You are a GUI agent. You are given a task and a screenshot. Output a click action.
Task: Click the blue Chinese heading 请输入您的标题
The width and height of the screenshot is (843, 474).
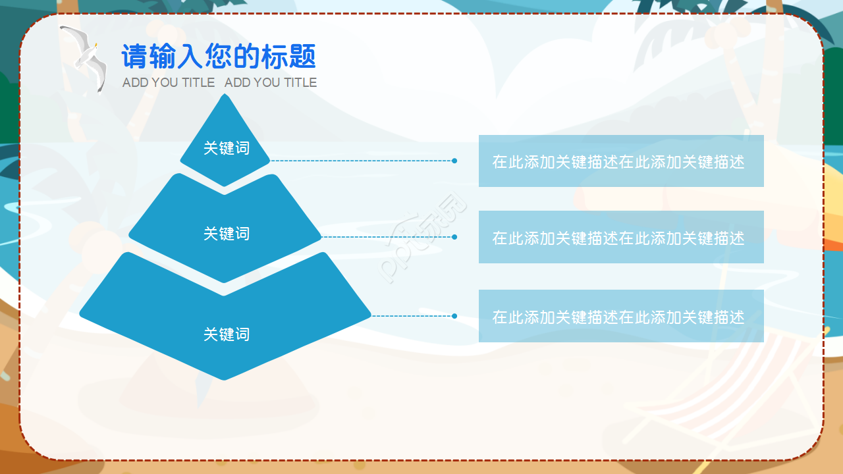tap(219, 57)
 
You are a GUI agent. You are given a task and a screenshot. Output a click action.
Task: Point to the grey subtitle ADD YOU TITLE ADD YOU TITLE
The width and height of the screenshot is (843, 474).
tap(219, 82)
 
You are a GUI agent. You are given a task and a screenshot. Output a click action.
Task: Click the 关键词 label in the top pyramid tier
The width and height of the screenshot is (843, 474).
tap(227, 148)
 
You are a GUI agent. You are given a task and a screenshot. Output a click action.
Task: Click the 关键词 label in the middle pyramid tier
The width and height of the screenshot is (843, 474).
tap(227, 234)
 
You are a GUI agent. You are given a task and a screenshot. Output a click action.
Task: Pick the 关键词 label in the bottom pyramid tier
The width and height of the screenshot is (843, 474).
tap(227, 334)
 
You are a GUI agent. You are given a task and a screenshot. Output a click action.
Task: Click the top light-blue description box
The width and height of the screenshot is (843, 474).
tap(621, 161)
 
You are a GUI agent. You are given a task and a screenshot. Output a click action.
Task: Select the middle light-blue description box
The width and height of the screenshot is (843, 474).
tap(621, 237)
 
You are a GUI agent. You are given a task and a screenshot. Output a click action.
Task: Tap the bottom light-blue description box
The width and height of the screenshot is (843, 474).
tap(621, 316)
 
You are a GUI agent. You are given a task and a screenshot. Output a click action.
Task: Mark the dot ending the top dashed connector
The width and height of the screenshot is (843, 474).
tap(454, 161)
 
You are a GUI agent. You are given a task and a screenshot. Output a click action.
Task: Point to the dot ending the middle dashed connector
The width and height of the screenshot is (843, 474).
tap(454, 237)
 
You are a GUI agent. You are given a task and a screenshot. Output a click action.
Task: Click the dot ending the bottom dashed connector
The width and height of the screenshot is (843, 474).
tap(454, 316)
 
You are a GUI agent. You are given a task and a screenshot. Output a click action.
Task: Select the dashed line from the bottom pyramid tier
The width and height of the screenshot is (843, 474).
tap(412, 316)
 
